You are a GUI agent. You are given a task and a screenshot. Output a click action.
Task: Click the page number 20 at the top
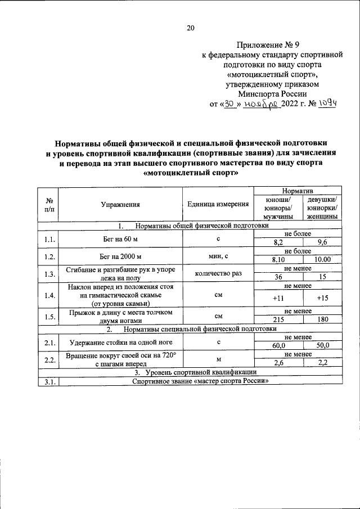point(191,28)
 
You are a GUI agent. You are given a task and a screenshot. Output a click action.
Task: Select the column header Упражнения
point(120,205)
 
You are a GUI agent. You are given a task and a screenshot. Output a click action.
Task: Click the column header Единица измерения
point(218,205)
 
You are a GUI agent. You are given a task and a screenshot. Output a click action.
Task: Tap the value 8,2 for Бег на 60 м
point(278,243)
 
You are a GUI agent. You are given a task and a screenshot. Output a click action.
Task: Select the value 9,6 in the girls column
point(322,243)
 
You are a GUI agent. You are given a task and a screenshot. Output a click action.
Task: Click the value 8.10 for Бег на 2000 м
point(278,260)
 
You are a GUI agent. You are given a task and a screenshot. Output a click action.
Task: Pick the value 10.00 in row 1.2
point(322,260)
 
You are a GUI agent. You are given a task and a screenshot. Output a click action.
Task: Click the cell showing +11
point(278,298)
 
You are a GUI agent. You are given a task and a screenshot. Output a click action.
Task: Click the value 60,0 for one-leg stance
point(278,346)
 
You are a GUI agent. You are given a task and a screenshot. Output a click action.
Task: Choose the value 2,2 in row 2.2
point(322,363)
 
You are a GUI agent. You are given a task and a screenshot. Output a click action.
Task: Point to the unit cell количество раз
point(218,274)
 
